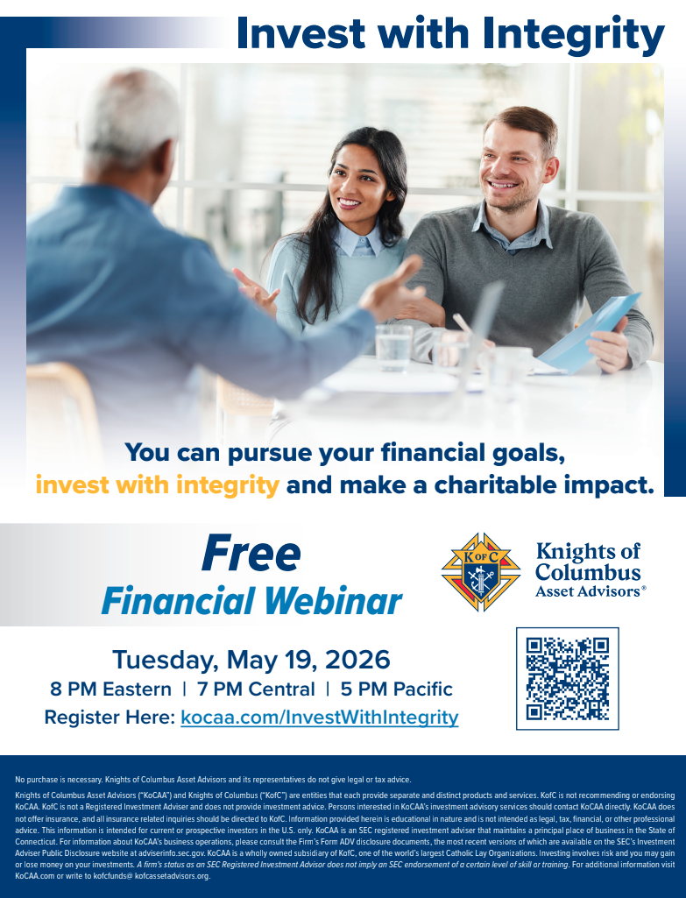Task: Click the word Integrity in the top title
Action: (x=573, y=34)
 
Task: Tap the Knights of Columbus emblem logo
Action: (x=481, y=572)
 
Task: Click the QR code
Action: (x=568, y=679)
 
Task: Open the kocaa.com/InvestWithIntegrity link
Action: (x=320, y=717)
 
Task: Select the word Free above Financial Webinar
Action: (x=251, y=554)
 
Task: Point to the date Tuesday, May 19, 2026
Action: (x=251, y=660)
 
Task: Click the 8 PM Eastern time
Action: (x=110, y=689)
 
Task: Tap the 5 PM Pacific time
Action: (x=396, y=689)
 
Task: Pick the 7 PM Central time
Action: (x=256, y=689)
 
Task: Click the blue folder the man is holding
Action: (x=590, y=331)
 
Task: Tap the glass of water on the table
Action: (x=393, y=348)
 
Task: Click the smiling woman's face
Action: (x=354, y=181)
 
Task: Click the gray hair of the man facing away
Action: (x=131, y=117)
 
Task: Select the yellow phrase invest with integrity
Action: (x=158, y=485)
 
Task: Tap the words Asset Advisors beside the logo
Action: (x=588, y=591)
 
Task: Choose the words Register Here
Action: (x=110, y=717)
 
